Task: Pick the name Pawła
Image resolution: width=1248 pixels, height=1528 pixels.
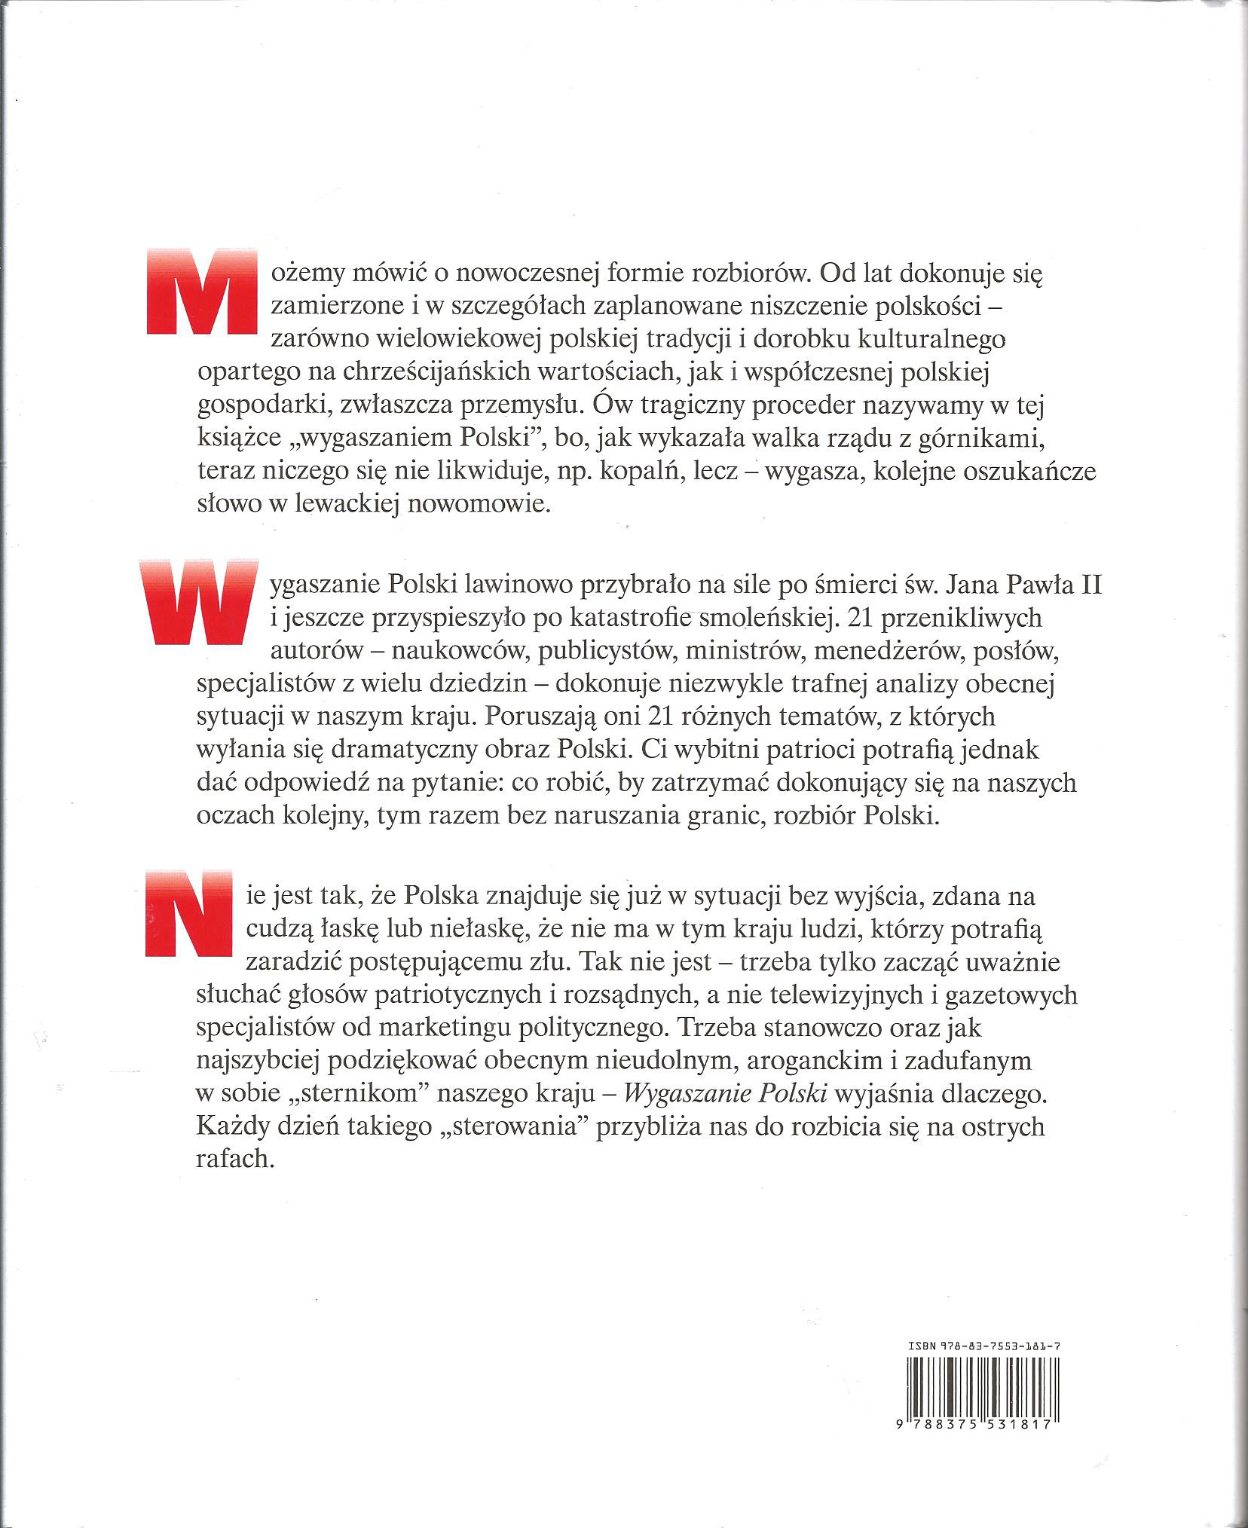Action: click(1027, 585)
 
